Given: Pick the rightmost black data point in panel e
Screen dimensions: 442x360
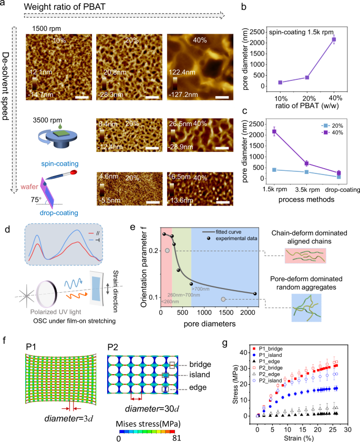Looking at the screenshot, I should [x=254, y=294].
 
